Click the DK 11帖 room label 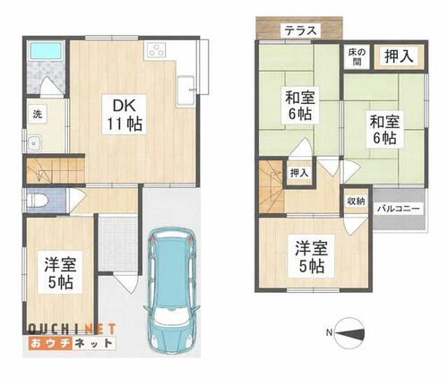pos(125,115)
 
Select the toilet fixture pos(37,200)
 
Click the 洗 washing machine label pos(38,115)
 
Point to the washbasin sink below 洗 pos(36,143)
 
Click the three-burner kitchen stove pos(156,49)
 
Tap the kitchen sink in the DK pos(186,91)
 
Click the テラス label pos(300,30)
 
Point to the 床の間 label pos(357,56)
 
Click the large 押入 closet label pos(399,56)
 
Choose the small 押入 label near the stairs pos(299,173)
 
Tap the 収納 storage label pos(356,202)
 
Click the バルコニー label pos(399,209)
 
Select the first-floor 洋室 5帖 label pos(61,272)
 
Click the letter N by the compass pos(329,332)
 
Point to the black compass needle pos(350,333)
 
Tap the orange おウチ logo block pos(50,343)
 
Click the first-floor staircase pos(55,170)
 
